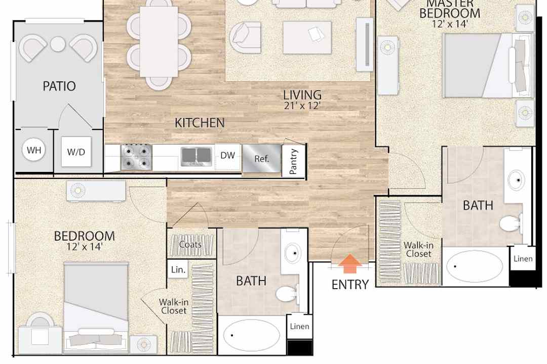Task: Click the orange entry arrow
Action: click(350, 263)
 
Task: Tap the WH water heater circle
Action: click(34, 150)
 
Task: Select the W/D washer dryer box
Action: click(76, 152)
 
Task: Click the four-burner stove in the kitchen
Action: click(136, 157)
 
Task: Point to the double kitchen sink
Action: click(197, 156)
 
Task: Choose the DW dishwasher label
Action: click(227, 155)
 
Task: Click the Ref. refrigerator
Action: click(262, 158)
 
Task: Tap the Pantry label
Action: click(293, 161)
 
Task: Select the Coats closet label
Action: click(190, 245)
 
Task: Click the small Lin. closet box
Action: click(178, 269)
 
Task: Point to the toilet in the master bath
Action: click(511, 223)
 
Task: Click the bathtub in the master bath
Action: click(474, 266)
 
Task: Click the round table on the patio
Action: click(58, 44)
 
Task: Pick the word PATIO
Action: click(59, 86)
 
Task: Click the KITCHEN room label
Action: click(200, 123)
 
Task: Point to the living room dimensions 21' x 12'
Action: click(302, 106)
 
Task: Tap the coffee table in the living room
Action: click(307, 37)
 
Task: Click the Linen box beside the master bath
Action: click(523, 258)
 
